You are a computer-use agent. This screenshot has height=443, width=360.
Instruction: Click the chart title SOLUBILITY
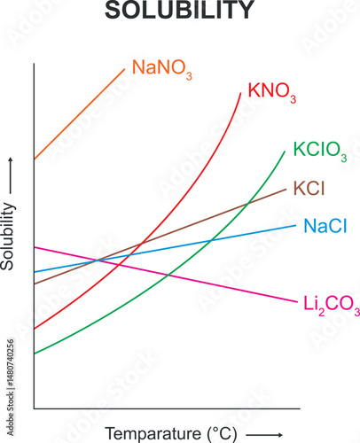click(x=179, y=11)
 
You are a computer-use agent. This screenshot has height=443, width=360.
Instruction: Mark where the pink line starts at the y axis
click(x=35, y=246)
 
